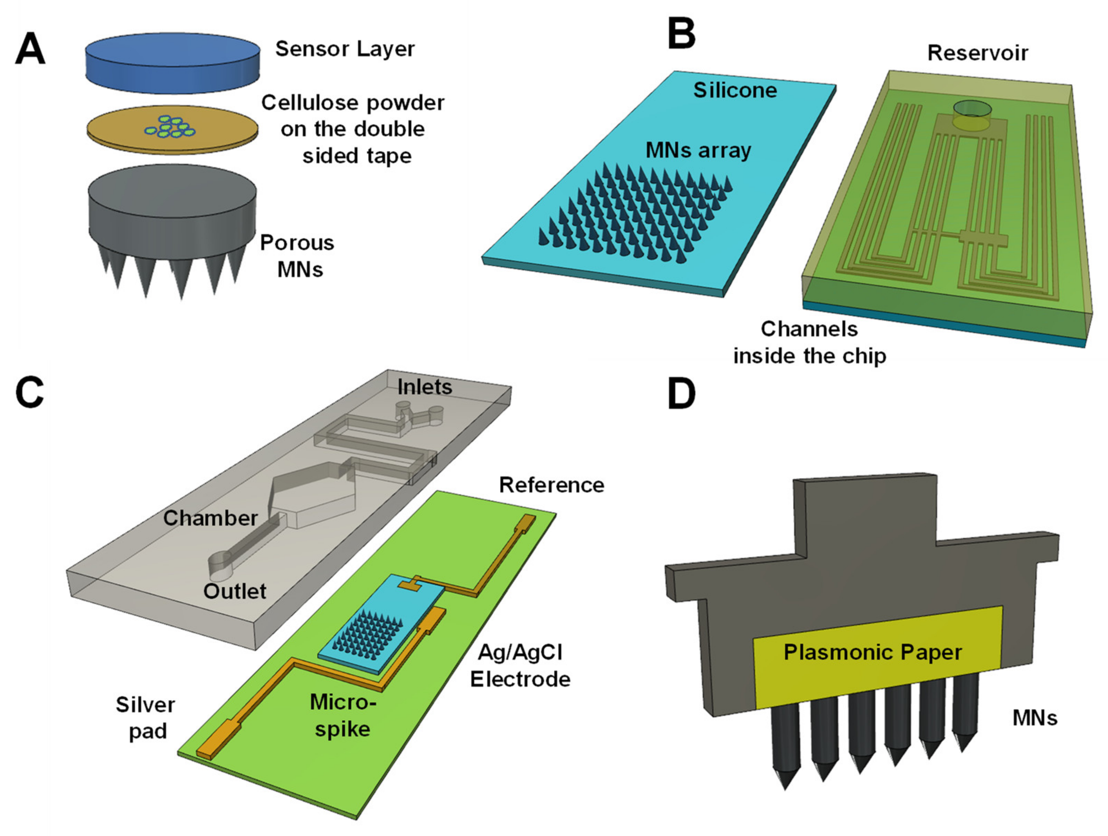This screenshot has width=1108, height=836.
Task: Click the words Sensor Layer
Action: coord(344,49)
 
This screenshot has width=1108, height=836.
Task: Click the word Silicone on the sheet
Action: coord(735,90)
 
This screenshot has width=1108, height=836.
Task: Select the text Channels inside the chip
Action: coord(809,343)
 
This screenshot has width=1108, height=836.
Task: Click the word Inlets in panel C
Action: coord(424,387)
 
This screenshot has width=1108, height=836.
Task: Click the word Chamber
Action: coord(210,518)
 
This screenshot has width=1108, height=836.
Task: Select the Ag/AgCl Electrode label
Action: coord(520,666)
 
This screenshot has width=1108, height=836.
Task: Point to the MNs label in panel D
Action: coord(1034,718)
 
